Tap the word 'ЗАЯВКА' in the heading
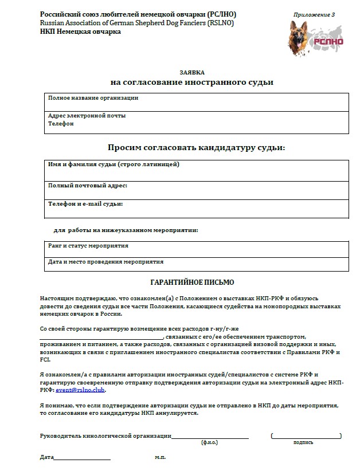pos(191,72)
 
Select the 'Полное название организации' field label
pos(93,98)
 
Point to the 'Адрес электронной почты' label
pos(87,116)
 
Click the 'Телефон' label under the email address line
pos(59,123)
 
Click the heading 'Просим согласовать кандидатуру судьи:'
pos(196,147)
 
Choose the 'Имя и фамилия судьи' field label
pos(114,165)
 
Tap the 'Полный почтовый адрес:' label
pos(87,186)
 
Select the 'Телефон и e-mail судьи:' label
pos(85,203)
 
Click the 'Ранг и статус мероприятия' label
pos(88,246)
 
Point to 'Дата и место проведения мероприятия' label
pos(105,262)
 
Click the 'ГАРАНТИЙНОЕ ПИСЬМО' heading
pos(191,282)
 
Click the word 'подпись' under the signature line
pos(303,442)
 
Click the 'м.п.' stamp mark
pos(161,458)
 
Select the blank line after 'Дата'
pos(82,458)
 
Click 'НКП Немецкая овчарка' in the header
pos(80,32)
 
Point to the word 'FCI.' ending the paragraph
pos(45,360)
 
